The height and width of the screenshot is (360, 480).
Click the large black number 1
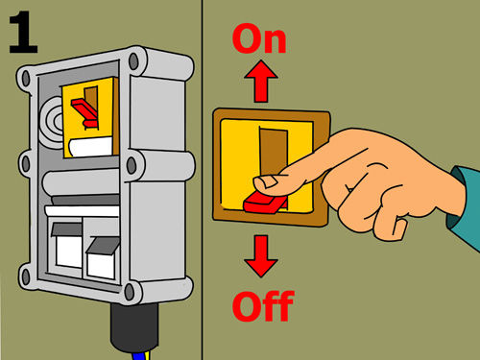tap(24, 32)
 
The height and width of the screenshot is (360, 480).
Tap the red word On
tap(259, 38)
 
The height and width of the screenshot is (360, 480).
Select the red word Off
tap(263, 306)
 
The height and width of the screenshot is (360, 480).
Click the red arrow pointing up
tap(261, 81)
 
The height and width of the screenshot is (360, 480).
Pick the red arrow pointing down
tap(261, 256)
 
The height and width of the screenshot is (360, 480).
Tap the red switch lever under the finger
tap(265, 203)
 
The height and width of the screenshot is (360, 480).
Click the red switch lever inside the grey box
tap(84, 112)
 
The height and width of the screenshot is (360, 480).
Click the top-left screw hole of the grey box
tap(26, 79)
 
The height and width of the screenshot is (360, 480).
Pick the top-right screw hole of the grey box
tap(133, 61)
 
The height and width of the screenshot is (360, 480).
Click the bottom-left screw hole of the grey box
tap(25, 276)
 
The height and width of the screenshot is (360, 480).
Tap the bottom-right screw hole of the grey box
tap(130, 292)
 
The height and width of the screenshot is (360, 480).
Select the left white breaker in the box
tap(68, 246)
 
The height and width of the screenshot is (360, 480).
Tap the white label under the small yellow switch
tap(90, 147)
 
